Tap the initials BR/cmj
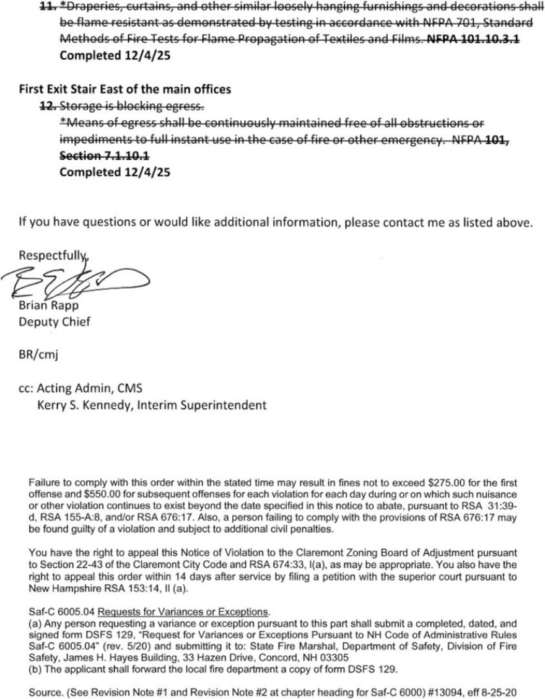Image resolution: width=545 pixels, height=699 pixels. (38, 356)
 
